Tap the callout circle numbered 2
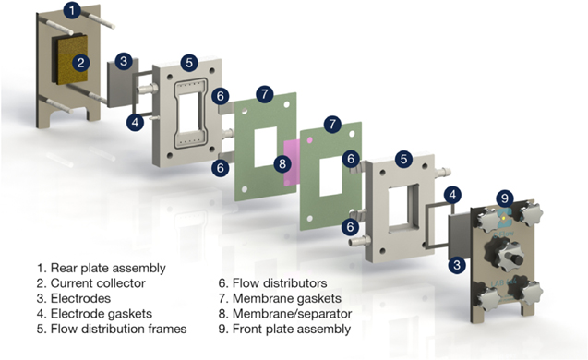click(x=80, y=63)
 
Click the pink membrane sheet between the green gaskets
click(x=292, y=163)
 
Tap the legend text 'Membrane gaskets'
click(x=276, y=299)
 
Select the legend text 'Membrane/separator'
click(x=282, y=314)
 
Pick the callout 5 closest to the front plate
click(x=403, y=158)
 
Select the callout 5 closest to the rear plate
click(x=188, y=62)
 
